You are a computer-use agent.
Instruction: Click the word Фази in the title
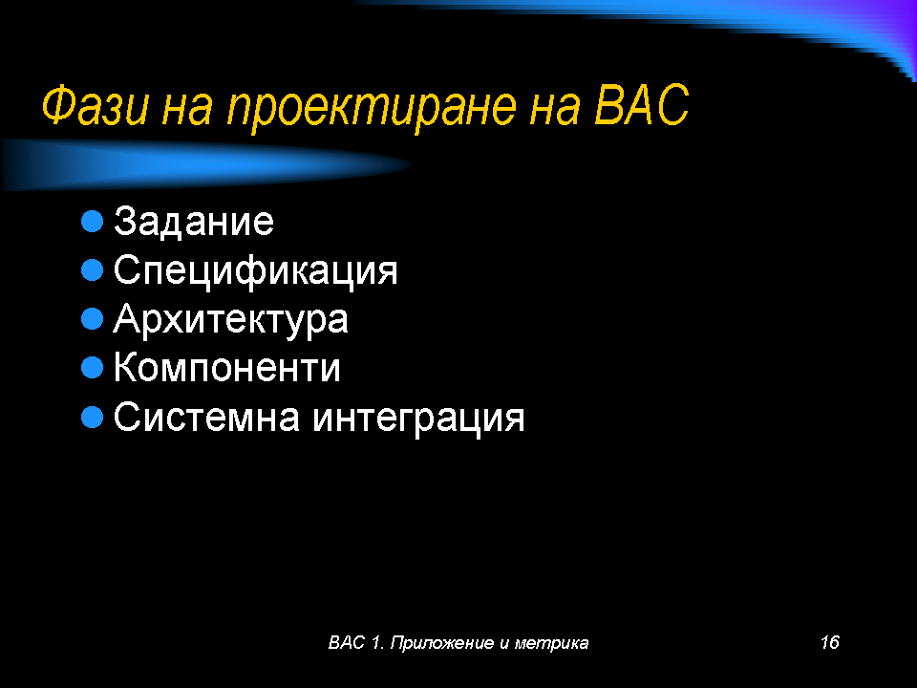[x=95, y=105]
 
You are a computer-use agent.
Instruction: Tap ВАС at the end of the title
[x=642, y=105]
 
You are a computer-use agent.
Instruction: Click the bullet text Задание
[x=194, y=221]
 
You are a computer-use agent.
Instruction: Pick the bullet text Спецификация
[x=256, y=270]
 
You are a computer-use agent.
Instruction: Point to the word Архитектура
[x=230, y=320]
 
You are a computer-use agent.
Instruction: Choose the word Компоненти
[x=227, y=368]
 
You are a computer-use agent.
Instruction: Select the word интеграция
[x=418, y=419]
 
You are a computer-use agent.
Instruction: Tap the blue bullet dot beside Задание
[x=92, y=222]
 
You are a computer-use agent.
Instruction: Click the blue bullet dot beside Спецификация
[x=92, y=270]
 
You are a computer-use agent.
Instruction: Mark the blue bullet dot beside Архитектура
[x=92, y=319]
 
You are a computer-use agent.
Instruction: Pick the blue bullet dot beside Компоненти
[x=92, y=368]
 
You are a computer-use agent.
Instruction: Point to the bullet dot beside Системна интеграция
[x=92, y=418]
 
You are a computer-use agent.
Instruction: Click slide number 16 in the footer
[x=829, y=642]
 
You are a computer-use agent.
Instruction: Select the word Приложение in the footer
[x=441, y=643]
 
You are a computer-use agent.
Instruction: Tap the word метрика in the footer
[x=551, y=643]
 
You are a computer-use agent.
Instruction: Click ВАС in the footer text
[x=347, y=642]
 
